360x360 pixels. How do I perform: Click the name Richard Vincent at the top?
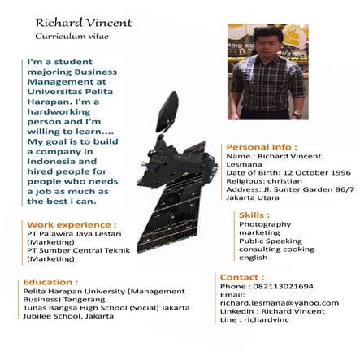(83, 22)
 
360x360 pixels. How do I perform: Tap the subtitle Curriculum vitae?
(72, 37)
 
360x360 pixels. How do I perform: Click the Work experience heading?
(72, 223)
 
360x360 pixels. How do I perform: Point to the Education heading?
(49, 281)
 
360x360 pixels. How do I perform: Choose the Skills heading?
(254, 215)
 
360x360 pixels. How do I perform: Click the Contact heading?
(242, 277)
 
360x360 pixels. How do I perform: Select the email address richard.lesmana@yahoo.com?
(279, 303)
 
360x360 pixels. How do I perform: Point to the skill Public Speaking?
(270, 241)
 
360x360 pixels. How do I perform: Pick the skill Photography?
(264, 224)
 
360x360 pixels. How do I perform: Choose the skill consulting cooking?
(276, 249)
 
